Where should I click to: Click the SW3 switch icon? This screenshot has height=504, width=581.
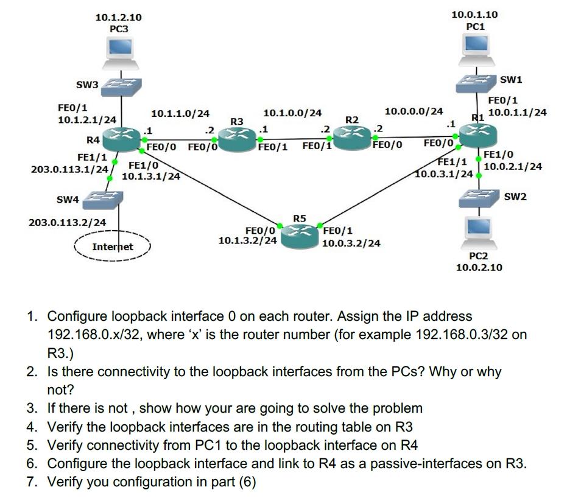[x=121, y=87]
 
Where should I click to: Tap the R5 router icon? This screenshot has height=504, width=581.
[x=300, y=231]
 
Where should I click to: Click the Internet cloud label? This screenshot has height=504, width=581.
[x=112, y=247]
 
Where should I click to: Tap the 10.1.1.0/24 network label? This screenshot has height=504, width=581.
[x=180, y=113]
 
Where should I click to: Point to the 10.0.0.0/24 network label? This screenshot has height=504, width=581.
[x=414, y=111]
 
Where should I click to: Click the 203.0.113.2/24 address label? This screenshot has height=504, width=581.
[x=67, y=223]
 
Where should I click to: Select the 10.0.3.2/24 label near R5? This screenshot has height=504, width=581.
[x=351, y=243]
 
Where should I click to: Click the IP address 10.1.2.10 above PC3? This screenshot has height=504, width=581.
[x=119, y=18]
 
